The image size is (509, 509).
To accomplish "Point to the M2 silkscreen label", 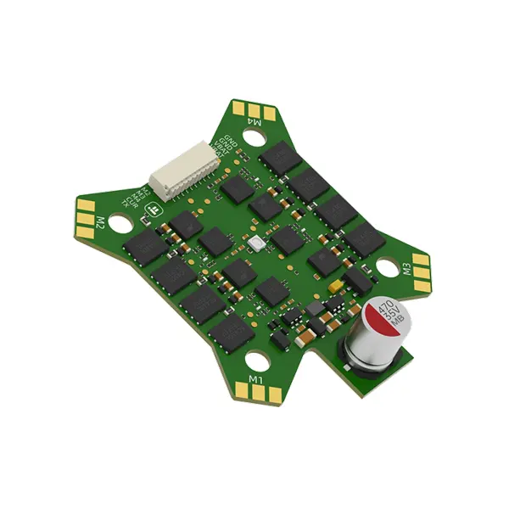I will tap(100, 223).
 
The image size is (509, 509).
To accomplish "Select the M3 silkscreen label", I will tap(407, 271).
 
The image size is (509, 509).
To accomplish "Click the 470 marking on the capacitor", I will tap(384, 307).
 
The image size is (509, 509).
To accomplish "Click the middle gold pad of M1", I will tap(255, 391).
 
